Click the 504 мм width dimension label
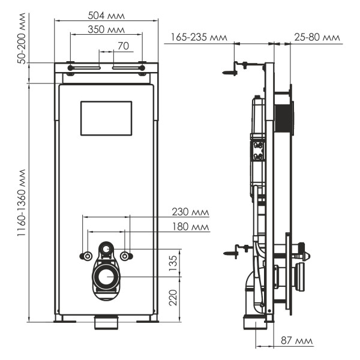click(x=106, y=14)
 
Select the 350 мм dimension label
click(x=106, y=29)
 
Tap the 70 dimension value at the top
click(x=123, y=45)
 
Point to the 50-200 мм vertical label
click(x=22, y=38)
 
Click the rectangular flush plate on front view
click(x=106, y=118)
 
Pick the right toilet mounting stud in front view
click(x=125, y=256)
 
